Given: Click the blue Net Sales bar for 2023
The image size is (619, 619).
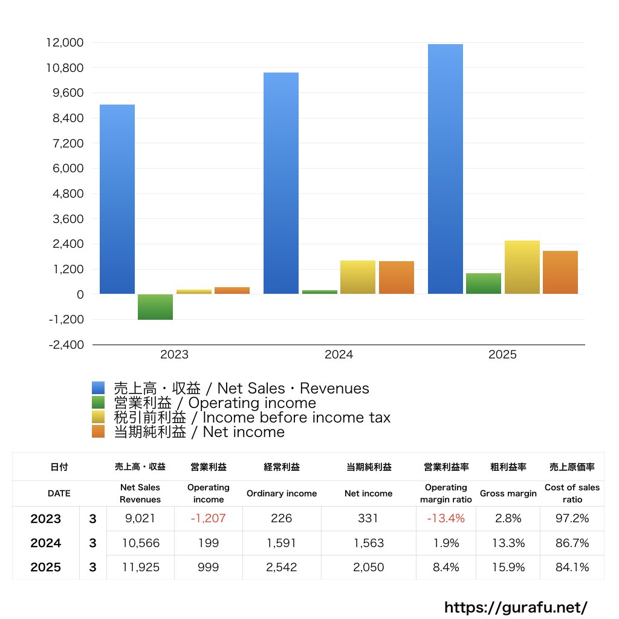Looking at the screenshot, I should click(117, 199).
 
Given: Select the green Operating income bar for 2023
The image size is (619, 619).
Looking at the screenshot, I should click(155, 306).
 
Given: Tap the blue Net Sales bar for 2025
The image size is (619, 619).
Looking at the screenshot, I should click(446, 169).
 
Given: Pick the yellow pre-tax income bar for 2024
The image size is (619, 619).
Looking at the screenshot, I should click(358, 277).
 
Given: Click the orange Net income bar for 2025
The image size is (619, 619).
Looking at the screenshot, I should click(560, 272).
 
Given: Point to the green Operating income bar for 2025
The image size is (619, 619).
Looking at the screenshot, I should click(484, 284).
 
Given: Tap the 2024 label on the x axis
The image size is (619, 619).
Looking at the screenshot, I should click(339, 355).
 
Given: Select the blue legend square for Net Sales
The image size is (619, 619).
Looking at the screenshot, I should click(99, 388).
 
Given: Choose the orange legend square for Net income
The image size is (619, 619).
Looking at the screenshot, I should click(99, 432).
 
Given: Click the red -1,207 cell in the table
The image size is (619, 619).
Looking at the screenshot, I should click(209, 519).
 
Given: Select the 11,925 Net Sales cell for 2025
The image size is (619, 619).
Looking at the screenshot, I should click(140, 568).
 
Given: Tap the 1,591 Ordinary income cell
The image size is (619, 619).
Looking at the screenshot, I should click(282, 543).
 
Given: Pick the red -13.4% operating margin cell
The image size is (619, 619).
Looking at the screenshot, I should click(446, 519).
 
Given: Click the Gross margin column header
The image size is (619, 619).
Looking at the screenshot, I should click(508, 493).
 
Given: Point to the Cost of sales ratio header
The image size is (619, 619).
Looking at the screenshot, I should click(572, 493).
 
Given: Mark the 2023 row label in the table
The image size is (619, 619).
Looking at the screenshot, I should click(46, 519).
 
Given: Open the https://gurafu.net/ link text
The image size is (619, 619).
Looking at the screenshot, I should click(516, 606).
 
